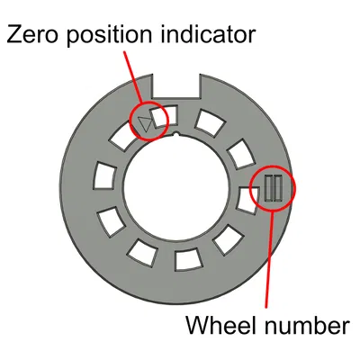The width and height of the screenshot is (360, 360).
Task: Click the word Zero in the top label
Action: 32,33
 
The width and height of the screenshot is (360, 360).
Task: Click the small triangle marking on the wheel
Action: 146,123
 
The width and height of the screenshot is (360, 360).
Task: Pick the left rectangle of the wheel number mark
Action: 268,188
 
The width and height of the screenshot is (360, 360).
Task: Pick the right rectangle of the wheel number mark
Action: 278,188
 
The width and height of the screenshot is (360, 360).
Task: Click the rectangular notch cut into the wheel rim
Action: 176,86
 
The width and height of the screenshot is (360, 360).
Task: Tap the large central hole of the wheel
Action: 176,188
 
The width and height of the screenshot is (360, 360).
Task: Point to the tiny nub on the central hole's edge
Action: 177,134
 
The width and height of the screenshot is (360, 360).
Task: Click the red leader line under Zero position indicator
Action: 133,77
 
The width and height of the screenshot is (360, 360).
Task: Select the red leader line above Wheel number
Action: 269,259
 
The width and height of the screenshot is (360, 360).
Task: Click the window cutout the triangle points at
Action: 165,117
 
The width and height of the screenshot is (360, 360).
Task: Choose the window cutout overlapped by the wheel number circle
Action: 247,201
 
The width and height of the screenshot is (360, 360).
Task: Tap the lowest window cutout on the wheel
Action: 188,259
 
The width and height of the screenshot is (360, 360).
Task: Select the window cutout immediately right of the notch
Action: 210,122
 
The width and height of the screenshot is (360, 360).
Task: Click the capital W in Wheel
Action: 199,325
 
